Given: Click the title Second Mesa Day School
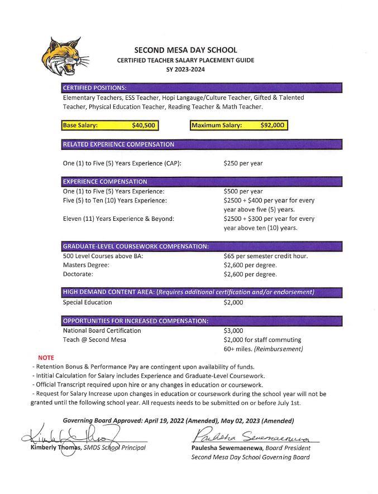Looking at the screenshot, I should tap(185, 50).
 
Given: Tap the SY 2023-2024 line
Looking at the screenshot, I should tap(185, 69).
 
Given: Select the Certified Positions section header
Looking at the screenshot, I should tap(95, 88).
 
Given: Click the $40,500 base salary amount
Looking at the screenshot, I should tap(143, 125).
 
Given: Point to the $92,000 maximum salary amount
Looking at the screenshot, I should tap(273, 125).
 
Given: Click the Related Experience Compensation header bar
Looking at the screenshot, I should tap(118, 144).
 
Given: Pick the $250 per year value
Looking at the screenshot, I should tap(243, 163).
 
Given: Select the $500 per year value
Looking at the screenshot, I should tap(243, 191).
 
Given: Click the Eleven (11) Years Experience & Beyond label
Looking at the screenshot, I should tap(118, 219).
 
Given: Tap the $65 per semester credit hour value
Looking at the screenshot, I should tap(265, 256).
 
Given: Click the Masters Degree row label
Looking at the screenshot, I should tap(86, 265).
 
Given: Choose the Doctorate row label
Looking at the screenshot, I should tap(78, 274).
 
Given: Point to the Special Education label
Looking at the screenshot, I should tap(87, 302).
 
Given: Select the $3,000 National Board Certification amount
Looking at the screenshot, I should tap(233, 331).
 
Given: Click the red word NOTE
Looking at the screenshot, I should tap(46, 357).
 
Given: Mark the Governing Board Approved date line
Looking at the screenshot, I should tap(178, 420).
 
